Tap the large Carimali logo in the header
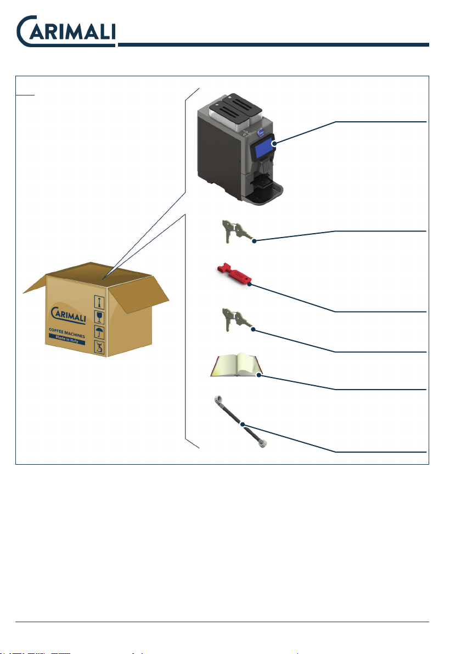(66, 32)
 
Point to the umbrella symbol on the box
(99, 332)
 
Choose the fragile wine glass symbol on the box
(99, 317)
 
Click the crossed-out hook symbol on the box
(99, 347)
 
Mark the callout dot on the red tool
(250, 285)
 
